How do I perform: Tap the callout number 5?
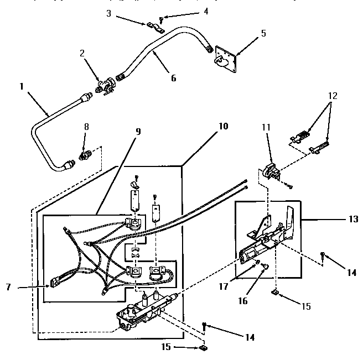[263, 33]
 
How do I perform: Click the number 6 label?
[173, 78]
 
